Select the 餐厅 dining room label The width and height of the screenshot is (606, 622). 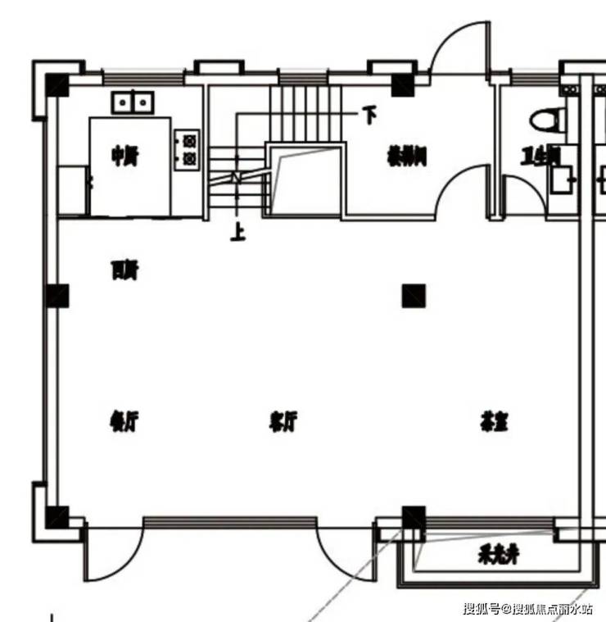point(123,423)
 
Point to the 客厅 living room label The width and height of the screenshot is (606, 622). point(283,423)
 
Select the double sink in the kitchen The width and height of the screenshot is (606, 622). point(133,102)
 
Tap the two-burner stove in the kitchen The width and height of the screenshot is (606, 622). point(188,150)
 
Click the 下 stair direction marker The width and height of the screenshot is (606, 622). point(370,116)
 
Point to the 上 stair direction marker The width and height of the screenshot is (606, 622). point(238,234)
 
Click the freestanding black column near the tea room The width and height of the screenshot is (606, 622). point(414,295)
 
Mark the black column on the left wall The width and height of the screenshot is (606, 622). point(57,295)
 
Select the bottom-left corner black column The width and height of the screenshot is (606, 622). point(57,516)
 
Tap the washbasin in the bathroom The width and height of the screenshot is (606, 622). point(562,179)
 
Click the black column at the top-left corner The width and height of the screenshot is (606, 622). point(57,84)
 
